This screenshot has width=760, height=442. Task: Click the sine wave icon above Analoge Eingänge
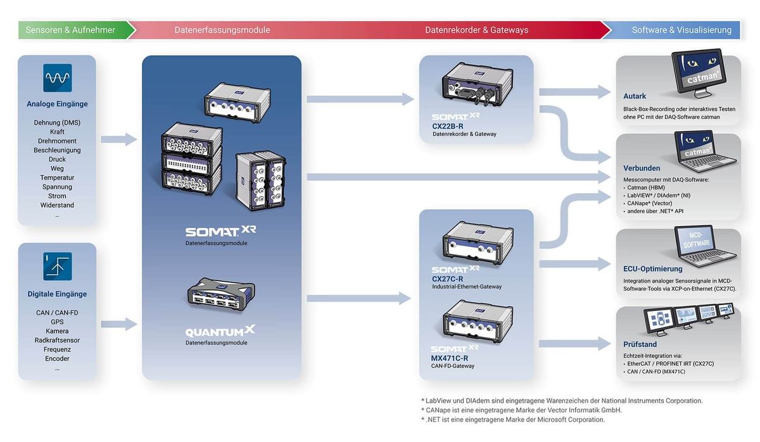point(58,78)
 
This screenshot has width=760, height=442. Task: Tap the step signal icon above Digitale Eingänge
point(58,267)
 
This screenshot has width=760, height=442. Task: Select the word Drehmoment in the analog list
point(57,141)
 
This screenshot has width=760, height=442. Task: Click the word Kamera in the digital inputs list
point(57,331)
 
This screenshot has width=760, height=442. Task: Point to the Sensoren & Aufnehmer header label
point(70,30)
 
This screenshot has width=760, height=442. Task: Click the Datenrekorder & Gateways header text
point(476,30)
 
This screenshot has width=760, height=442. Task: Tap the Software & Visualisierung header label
point(681,30)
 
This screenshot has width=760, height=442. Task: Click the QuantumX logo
point(220,331)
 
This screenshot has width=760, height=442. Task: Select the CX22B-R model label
point(448,126)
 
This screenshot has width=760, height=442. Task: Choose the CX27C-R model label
point(447,279)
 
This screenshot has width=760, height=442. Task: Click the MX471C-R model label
point(450,358)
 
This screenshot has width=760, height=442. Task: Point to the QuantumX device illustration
point(221,294)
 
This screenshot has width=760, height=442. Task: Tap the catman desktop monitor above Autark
point(699,73)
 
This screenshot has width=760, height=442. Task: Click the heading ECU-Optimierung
point(652,268)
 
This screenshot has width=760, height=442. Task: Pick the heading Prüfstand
point(640,344)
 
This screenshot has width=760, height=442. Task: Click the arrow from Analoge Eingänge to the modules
point(119,139)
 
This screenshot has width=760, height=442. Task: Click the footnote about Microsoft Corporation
point(513,420)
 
